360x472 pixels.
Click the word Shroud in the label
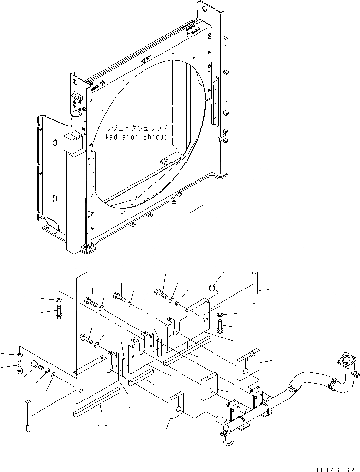(x=156, y=137)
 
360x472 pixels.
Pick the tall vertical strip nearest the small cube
(x=255, y=287)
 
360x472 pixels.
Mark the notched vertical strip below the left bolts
(x=27, y=414)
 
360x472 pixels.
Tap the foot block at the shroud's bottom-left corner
(x=85, y=249)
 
